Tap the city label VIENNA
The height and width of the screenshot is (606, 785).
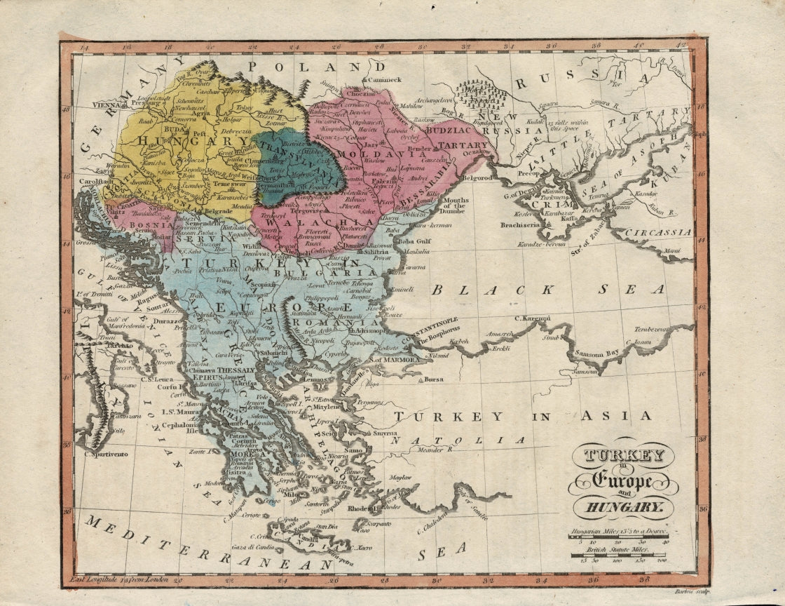pyautogui.click(x=107, y=105)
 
